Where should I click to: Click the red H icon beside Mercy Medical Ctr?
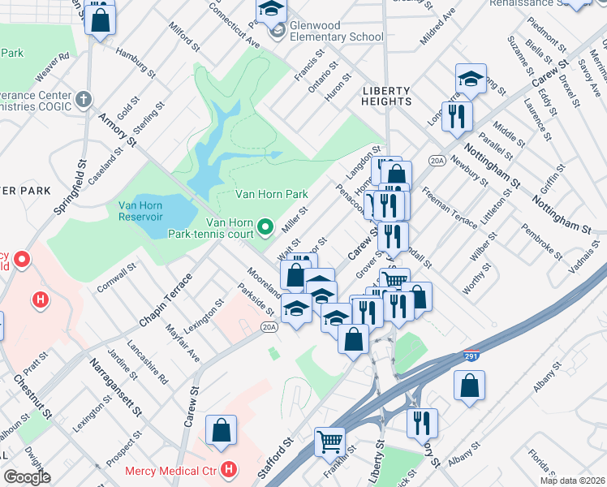point(230,469)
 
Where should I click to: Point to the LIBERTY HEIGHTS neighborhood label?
point(387,95)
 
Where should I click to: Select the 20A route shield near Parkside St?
point(269,327)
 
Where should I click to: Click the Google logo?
point(26,476)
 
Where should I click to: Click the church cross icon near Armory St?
point(83,100)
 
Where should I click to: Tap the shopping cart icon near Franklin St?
point(329,442)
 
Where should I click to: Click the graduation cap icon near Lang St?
point(470,79)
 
